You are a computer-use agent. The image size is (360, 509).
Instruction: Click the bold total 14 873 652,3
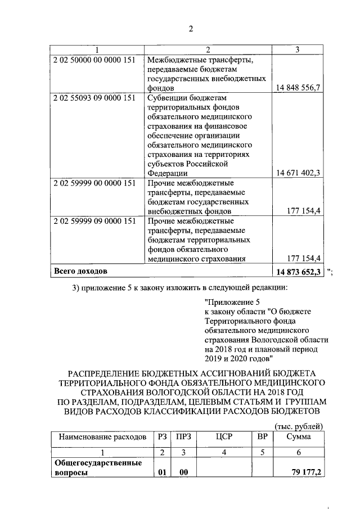(299, 272)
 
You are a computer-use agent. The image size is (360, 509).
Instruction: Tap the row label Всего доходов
(80, 272)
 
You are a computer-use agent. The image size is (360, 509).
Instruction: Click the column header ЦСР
(223, 437)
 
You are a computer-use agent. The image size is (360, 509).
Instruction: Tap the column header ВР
(262, 437)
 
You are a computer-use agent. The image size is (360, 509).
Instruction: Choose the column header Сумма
(298, 437)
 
